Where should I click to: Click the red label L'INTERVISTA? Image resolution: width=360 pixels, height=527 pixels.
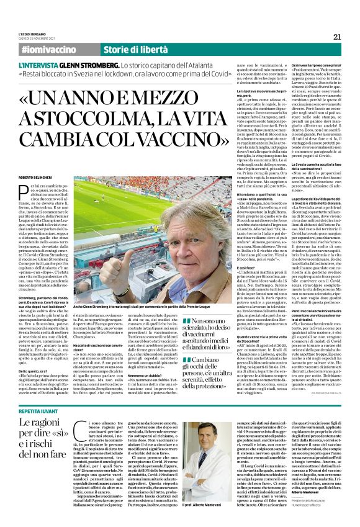[41, 64]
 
